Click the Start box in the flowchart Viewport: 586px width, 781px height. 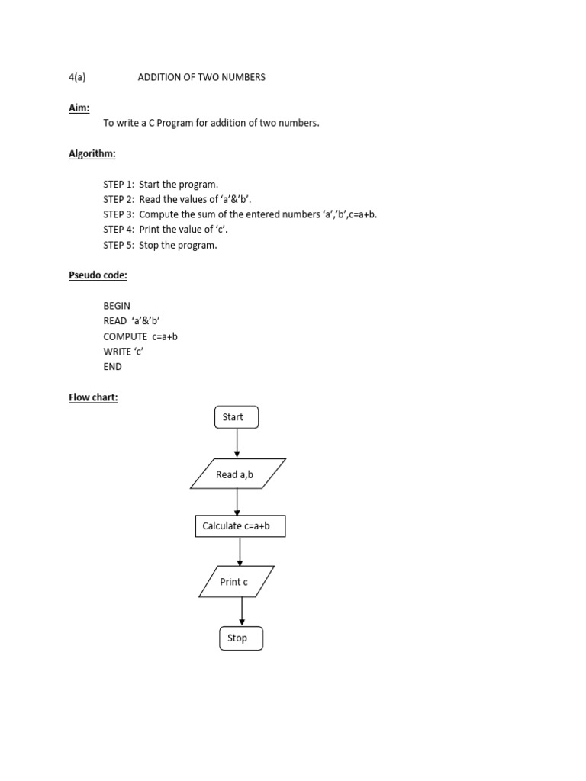click(237, 417)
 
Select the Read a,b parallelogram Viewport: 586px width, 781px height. click(237, 474)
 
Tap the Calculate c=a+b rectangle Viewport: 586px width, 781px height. click(240, 526)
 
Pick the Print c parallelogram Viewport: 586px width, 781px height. click(237, 582)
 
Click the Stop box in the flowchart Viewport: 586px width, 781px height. click(241, 638)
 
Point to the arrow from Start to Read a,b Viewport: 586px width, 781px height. click(237, 443)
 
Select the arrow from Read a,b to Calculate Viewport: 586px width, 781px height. click(237, 502)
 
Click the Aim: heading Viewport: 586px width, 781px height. click(79, 108)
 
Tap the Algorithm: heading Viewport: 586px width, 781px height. click(92, 154)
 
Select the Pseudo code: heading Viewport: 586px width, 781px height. click(98, 275)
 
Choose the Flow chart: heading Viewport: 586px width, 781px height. click(93, 397)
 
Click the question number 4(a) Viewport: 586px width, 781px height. click(77, 78)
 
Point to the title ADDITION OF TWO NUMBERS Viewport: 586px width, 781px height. click(201, 78)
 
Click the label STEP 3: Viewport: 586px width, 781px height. click(119, 214)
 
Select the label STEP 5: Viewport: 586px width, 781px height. click(119, 245)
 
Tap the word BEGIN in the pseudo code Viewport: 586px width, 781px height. click(117, 306)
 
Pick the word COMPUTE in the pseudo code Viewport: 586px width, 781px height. click(125, 336)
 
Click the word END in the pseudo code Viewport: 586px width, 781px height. click(112, 367)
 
